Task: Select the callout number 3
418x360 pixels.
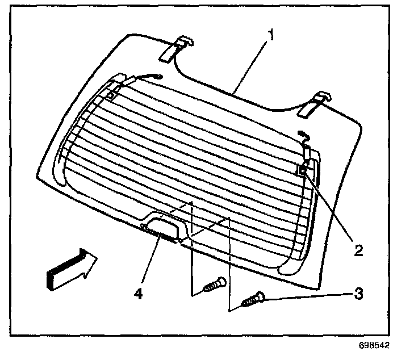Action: [x=357, y=294]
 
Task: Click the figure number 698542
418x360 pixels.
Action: [x=374, y=344]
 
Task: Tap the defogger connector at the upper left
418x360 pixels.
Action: [x=112, y=94]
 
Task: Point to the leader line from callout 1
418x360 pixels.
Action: [x=253, y=64]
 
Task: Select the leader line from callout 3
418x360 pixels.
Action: [x=307, y=295]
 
